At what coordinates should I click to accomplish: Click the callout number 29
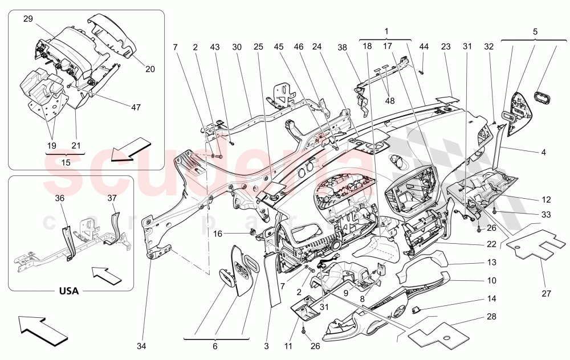(28, 19)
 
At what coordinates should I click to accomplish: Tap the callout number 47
(135, 107)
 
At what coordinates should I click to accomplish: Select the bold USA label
(68, 291)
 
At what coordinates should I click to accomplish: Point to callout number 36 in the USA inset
(60, 199)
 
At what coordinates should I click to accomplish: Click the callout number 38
(341, 48)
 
